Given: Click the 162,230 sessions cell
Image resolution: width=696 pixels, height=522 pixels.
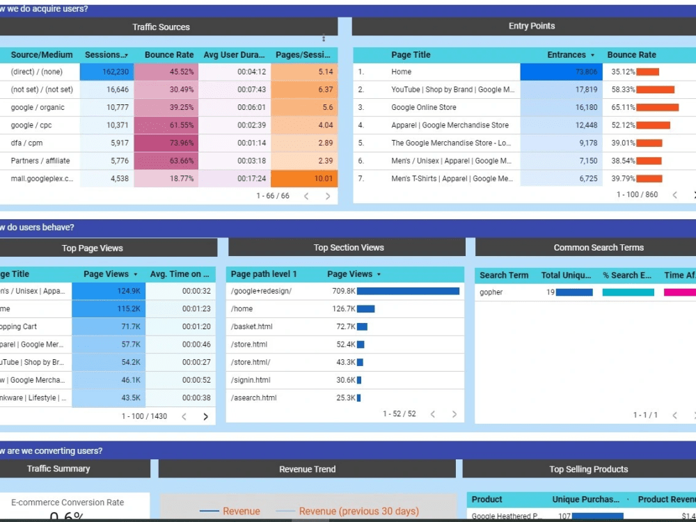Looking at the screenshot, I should coord(107,72).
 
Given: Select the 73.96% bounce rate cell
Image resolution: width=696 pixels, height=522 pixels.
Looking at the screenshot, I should coord(166,143).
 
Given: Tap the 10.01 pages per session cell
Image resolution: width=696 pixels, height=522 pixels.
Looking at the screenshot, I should coord(304,179).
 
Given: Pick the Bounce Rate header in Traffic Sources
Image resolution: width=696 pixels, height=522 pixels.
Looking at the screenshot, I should coord(169,55).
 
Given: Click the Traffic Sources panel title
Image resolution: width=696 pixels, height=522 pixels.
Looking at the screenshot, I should coord(161,27).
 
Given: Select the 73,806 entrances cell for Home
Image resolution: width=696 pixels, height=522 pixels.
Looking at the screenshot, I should coord(559,72).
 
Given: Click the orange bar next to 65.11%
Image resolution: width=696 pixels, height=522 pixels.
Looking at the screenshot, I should coord(657,107).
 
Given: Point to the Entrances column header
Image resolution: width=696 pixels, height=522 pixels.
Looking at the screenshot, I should coord(567,55).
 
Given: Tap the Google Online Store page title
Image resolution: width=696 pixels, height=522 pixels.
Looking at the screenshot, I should coord(424,107).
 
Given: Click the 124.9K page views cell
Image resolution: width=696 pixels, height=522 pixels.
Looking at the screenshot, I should coord(109,291).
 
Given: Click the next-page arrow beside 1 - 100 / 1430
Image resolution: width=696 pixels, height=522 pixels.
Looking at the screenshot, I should coord(205,416).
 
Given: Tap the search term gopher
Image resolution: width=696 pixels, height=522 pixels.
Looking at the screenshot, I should coord(491,292).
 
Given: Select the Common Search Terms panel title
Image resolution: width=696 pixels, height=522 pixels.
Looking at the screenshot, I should coord(599,248).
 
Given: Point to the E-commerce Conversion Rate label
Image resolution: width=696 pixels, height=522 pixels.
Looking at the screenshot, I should coord(68,503).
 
